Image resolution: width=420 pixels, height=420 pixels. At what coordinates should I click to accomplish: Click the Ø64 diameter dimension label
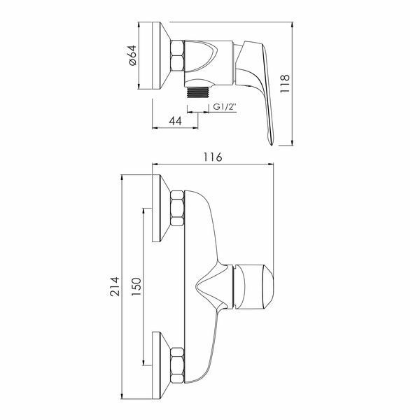pyautogui.click(x=133, y=55)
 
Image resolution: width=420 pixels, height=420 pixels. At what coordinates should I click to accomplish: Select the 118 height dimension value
pyautogui.click(x=285, y=83)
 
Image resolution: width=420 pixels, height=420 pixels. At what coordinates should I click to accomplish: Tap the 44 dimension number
pyautogui.click(x=176, y=121)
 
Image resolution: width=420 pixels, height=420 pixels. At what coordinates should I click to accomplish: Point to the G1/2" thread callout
pyautogui.click(x=225, y=107)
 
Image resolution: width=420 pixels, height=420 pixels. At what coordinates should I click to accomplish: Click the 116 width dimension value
pyautogui.click(x=213, y=157)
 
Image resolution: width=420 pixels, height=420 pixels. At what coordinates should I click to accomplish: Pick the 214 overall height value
pyautogui.click(x=115, y=286)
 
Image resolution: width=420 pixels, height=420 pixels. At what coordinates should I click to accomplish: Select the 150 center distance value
pyautogui.click(x=136, y=286)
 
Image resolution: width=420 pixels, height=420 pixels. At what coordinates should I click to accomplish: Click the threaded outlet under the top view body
pyautogui.click(x=197, y=92)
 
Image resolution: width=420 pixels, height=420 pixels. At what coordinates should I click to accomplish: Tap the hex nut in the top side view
pyautogui.click(x=177, y=56)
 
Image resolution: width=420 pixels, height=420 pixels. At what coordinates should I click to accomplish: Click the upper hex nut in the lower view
pyautogui.click(x=177, y=208)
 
